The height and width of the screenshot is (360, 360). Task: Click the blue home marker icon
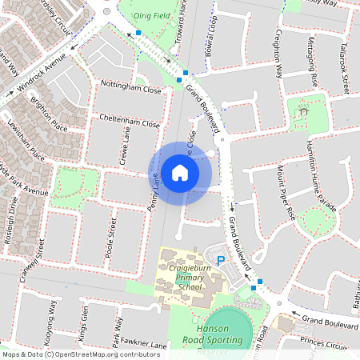click(180, 172)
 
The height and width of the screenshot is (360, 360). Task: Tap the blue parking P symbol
click(222, 261)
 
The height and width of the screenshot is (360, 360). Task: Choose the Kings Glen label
click(83, 320)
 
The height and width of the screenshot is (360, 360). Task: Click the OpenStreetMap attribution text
click(80, 354)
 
